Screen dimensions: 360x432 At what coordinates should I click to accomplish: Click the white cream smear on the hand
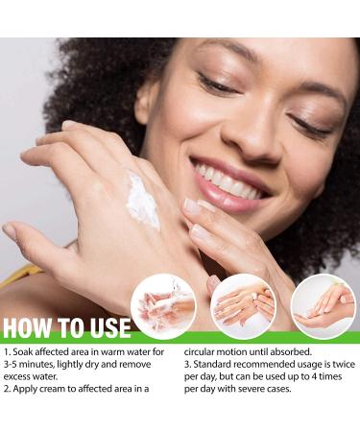click(142, 200)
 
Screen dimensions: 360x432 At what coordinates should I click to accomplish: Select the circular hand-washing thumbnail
click(163, 306)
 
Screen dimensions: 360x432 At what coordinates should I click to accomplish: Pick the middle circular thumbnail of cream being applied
click(244, 306)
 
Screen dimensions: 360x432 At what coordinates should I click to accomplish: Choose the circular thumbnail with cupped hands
click(324, 306)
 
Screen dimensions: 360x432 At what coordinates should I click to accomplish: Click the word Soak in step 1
click(23, 352)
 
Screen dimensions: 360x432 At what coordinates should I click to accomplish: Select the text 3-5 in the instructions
click(12, 365)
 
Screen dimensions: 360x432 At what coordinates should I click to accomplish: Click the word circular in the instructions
click(199, 352)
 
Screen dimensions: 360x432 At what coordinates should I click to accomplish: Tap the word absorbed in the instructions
click(291, 352)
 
